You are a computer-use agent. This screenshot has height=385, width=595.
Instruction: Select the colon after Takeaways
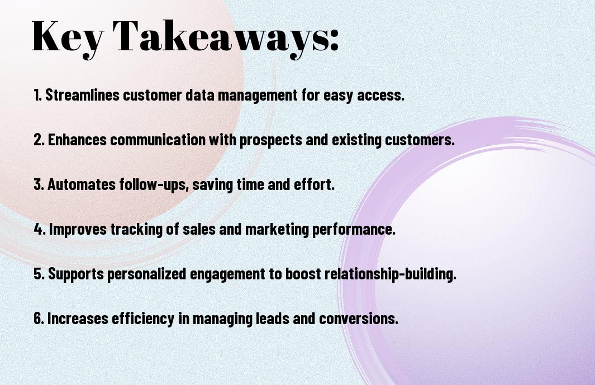pyautogui.click(x=334, y=40)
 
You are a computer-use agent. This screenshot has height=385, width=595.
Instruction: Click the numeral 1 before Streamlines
pyautogui.click(x=36, y=94)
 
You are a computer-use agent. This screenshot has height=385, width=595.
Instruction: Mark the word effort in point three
pyautogui.click(x=314, y=184)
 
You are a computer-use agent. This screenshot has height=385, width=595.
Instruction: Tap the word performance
pyautogui.click(x=354, y=230)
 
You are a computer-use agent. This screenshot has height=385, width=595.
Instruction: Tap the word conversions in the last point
pyautogui.click(x=359, y=319)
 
